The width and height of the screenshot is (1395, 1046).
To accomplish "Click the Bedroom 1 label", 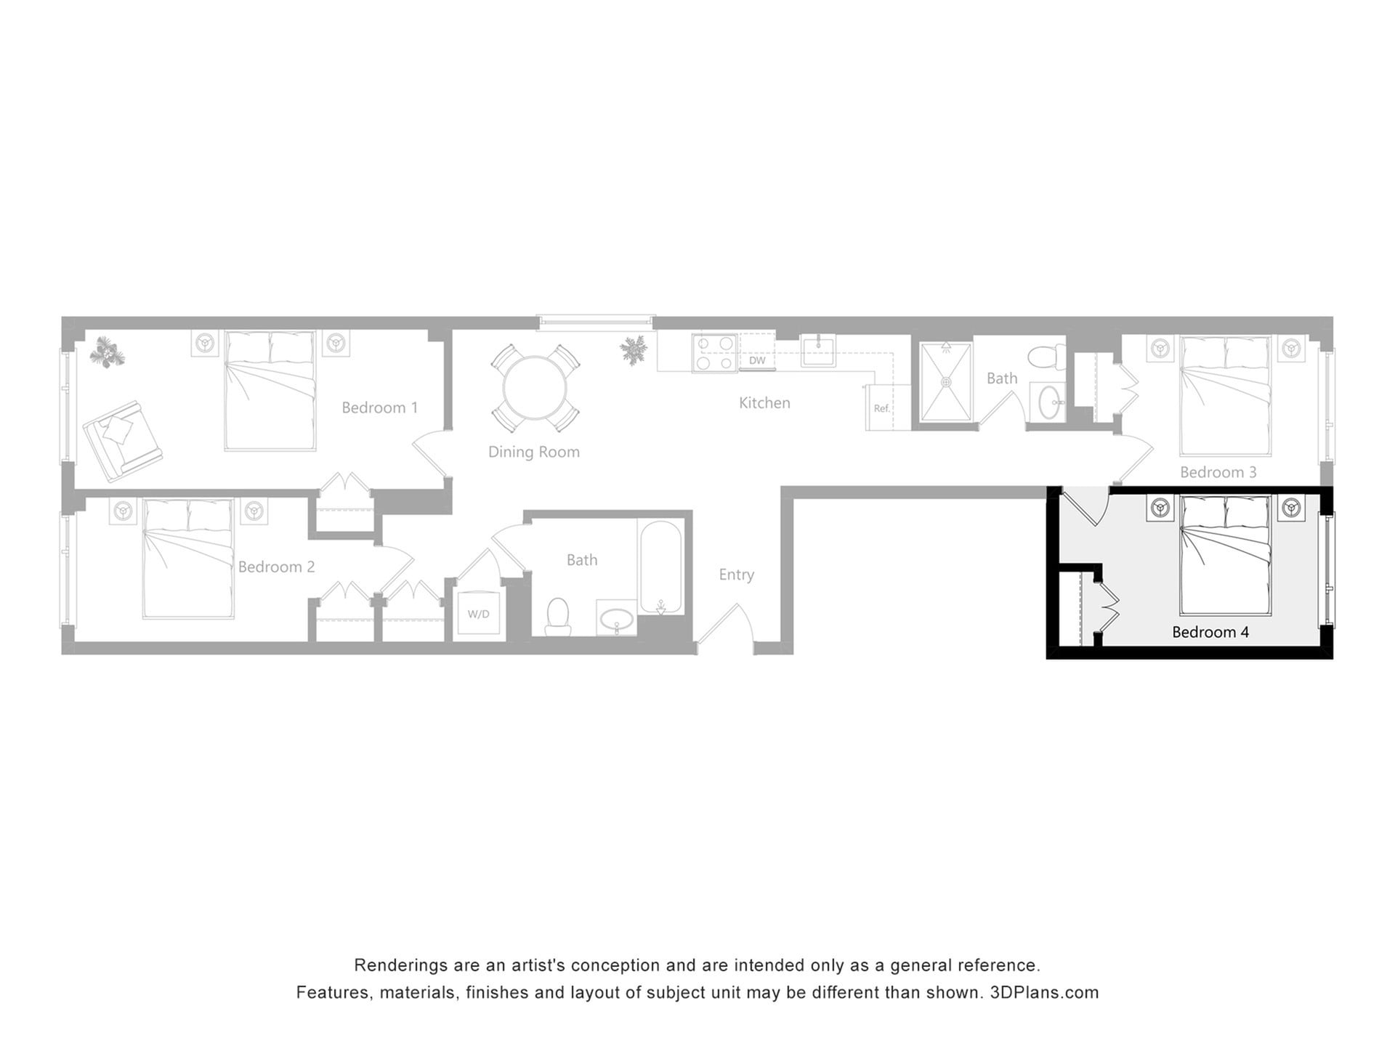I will pyautogui.click(x=379, y=408).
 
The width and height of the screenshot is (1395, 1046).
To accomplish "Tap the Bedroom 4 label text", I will pyautogui.click(x=1210, y=632).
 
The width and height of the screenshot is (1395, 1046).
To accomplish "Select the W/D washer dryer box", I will pyautogui.click(x=478, y=615).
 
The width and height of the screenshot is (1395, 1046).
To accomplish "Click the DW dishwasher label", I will pyautogui.click(x=757, y=360).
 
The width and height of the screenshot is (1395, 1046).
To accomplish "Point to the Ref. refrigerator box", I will pyautogui.click(x=881, y=408).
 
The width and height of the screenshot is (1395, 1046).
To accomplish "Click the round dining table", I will pyautogui.click(x=535, y=388).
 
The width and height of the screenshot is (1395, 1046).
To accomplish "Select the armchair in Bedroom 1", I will pyautogui.click(x=122, y=440).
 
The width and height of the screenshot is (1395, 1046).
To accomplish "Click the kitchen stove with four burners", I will pyautogui.click(x=714, y=354).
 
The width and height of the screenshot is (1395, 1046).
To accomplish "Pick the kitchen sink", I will pyautogui.click(x=818, y=351).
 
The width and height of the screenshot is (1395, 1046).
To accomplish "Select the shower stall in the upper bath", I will pyautogui.click(x=945, y=382).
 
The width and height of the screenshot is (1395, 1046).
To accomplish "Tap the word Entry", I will pyautogui.click(x=736, y=575).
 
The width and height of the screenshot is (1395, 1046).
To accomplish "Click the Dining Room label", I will pyautogui.click(x=533, y=452).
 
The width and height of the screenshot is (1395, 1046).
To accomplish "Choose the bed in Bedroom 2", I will pyautogui.click(x=188, y=558).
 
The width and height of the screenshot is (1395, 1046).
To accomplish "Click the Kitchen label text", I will pyautogui.click(x=764, y=402).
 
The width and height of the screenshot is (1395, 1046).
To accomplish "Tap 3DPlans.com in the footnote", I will pyautogui.click(x=1044, y=992).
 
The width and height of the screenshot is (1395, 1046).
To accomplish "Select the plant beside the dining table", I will pyautogui.click(x=634, y=350).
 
